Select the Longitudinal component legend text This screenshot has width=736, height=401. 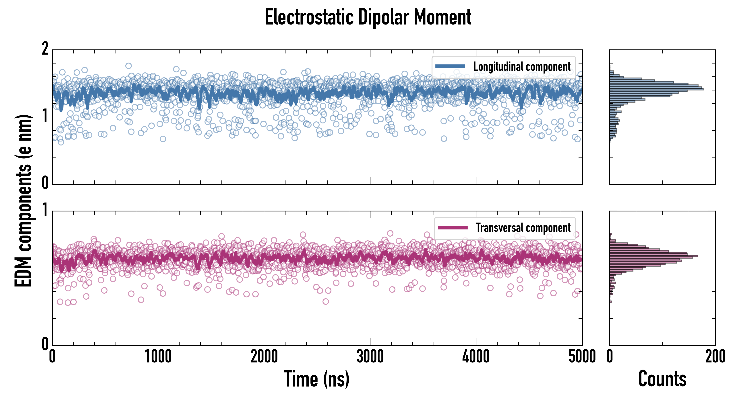pos(522,67)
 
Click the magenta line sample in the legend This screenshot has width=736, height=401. pos(453,227)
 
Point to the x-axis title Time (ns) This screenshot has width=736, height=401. pos(316,379)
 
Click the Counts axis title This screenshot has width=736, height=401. pos(662,379)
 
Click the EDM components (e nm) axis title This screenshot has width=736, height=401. pos(23,201)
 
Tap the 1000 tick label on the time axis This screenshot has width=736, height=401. pos(158,357)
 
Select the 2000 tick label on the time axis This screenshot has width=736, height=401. pos(264,357)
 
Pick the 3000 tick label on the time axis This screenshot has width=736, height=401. pos(370,357)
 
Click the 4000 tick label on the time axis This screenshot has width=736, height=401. pos(476,357)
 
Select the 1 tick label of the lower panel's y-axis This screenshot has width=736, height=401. pos(45,210)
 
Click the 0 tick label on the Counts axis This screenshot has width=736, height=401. pos(610,357)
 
